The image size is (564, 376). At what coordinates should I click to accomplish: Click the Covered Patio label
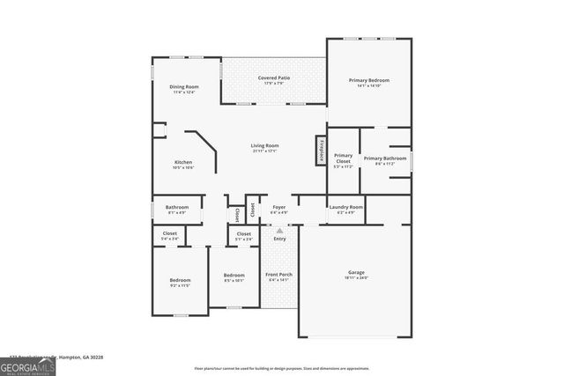[x=274, y=77]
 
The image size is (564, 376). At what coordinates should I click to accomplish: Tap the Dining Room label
[x=184, y=86]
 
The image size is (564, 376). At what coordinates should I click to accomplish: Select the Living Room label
[x=264, y=145]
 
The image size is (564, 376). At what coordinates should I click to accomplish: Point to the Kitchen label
[x=183, y=162]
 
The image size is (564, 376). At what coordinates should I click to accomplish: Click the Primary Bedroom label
[x=368, y=80]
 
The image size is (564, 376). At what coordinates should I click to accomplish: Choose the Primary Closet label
[x=343, y=159]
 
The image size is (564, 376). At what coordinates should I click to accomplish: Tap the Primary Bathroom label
[x=385, y=158]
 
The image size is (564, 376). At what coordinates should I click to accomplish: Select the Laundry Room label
[x=345, y=207]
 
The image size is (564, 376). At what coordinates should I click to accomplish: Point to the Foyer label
[x=278, y=207]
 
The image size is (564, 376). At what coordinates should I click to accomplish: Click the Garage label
[x=356, y=272]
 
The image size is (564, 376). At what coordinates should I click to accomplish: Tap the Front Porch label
[x=279, y=274]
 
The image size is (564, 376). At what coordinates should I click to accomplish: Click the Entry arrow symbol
[x=279, y=232]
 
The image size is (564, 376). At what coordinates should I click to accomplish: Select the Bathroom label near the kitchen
[x=177, y=207]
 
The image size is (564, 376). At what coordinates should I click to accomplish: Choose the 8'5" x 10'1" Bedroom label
[x=234, y=275]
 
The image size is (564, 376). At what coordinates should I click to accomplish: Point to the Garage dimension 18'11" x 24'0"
[x=356, y=277]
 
